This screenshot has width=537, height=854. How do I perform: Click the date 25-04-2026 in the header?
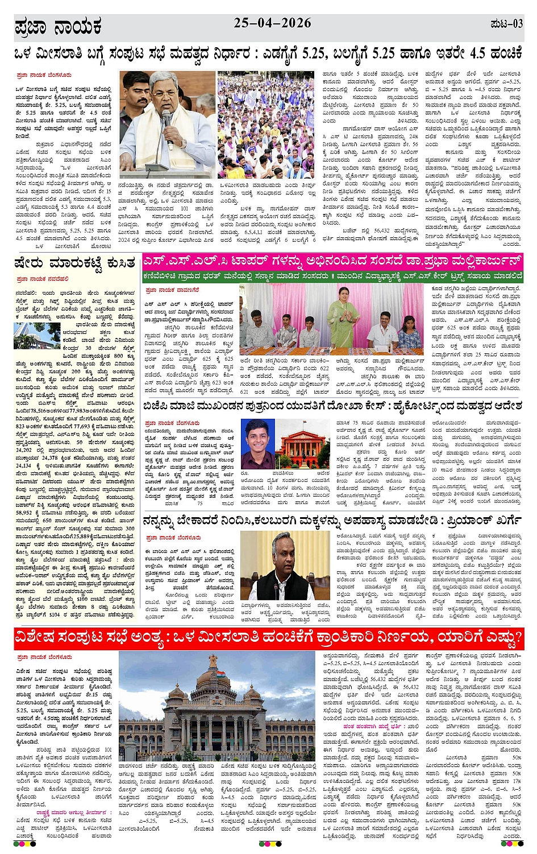click(x=272, y=23)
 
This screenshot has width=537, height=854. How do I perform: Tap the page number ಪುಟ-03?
click(x=506, y=24)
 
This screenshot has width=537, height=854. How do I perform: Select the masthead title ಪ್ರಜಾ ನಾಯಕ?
click(x=57, y=27)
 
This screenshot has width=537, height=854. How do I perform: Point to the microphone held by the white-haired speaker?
click(x=166, y=122)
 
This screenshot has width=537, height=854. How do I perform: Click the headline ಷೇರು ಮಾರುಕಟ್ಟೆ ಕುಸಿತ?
click(x=75, y=263)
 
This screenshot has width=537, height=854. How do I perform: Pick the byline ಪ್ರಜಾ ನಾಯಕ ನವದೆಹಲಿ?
click(x=43, y=279)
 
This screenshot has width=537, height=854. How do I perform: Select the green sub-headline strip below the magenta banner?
click(x=332, y=276)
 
